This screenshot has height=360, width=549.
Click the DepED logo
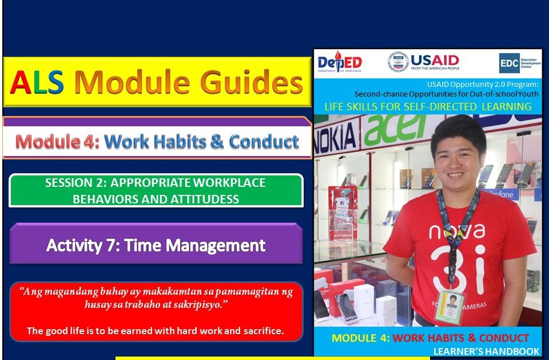(340, 61)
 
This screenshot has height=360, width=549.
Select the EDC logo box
(508, 62)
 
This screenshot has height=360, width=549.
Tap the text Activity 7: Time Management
(156, 246)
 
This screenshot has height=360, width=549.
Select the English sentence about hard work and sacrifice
(156, 330)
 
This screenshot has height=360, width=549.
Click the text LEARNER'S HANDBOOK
(486, 351)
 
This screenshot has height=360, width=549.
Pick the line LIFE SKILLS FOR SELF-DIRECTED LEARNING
(428, 107)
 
